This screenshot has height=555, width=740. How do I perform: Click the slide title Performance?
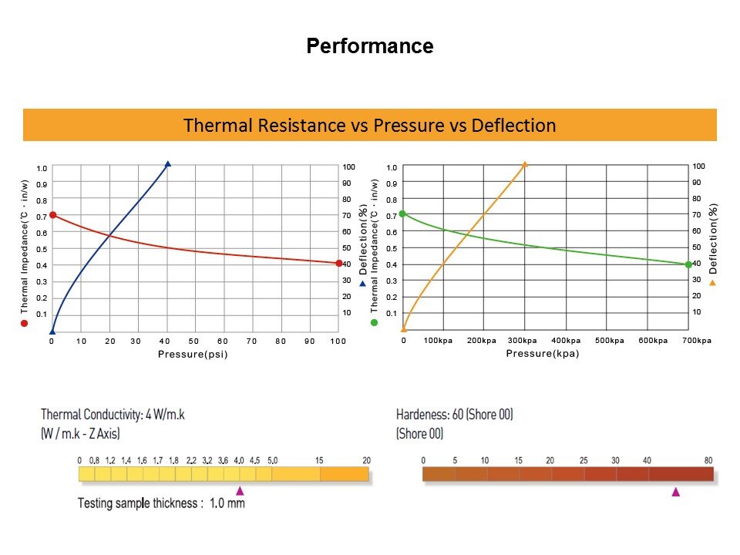pos(370,46)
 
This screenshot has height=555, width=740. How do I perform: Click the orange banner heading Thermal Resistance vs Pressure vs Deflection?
pos(370,125)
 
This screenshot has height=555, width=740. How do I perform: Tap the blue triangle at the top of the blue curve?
pos(167,163)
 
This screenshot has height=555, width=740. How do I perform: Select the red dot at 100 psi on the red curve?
pos(339,263)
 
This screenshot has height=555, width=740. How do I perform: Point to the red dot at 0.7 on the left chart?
pos(52,215)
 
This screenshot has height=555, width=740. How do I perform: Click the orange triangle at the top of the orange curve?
pos(525,164)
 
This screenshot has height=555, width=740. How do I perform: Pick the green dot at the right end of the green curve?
pos(689,264)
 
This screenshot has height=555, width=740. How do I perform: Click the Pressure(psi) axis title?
pos(193,355)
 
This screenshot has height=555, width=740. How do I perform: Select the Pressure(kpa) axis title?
pos(542,354)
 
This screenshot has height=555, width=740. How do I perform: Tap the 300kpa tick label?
pos(523,341)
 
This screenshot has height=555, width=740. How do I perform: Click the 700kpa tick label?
pos(696,341)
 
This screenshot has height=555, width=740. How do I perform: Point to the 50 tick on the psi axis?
pos(193,341)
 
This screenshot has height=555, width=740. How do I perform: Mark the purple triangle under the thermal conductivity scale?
pos(240,490)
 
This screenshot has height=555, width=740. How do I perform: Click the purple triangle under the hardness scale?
pos(676,491)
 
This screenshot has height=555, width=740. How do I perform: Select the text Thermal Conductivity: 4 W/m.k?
pos(113,415)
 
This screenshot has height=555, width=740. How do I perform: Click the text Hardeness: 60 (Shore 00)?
pos(454,415)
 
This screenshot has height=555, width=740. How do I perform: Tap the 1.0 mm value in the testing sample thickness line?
pos(227,503)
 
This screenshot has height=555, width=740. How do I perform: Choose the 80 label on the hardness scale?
pos(708,461)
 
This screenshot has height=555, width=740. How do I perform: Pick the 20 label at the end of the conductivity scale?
pos(366,461)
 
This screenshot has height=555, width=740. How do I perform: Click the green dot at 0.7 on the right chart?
pos(402,214)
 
